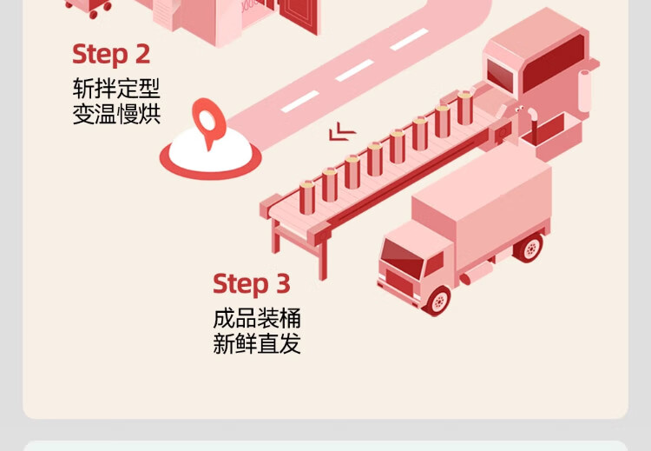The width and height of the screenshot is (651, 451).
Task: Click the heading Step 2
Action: pyautogui.click(x=111, y=55)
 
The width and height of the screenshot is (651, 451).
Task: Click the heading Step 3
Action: pyautogui.click(x=251, y=284)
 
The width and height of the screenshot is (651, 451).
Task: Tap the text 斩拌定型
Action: pyautogui.click(x=116, y=89)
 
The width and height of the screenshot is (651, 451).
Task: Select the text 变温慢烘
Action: pyautogui.click(x=116, y=114)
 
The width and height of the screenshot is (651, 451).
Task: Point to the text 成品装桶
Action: pyautogui.click(x=257, y=318)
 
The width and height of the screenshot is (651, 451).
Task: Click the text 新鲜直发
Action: pyautogui.click(x=257, y=343)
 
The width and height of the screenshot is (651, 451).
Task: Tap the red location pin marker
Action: pyautogui.click(x=206, y=122)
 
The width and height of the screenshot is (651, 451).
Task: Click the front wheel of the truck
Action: pyautogui.click(x=437, y=300)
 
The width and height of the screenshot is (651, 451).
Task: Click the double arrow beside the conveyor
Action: pyautogui.click(x=342, y=132)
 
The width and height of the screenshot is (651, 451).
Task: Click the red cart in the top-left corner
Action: pyautogui.click(x=89, y=7)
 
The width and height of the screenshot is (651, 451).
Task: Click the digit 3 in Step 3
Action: pyautogui.click(x=282, y=284)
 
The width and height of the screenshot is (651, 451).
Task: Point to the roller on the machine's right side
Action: pyautogui.click(x=585, y=91)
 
